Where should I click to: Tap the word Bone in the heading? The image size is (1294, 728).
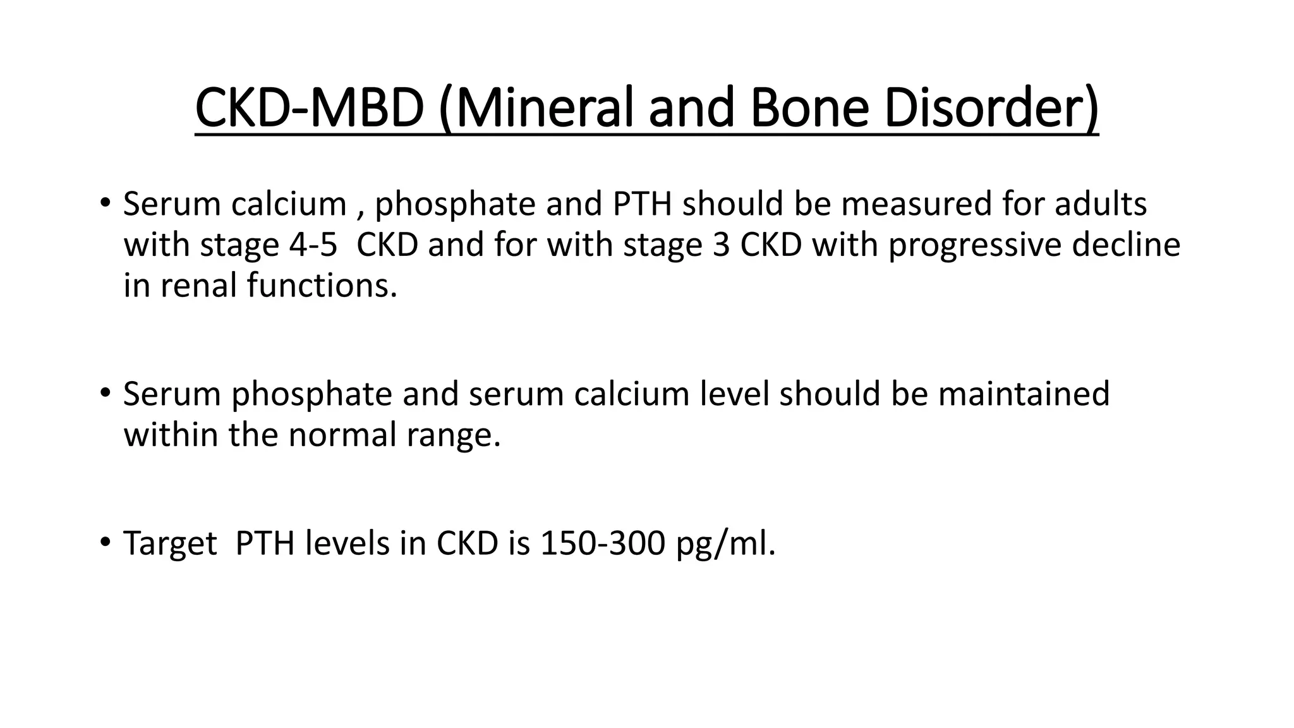pos(809,109)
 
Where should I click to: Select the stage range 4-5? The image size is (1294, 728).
pos(313,245)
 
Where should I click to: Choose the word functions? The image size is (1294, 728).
pos(322,286)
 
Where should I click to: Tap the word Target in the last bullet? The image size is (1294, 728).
pos(170,543)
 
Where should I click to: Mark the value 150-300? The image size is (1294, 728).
pos(603,543)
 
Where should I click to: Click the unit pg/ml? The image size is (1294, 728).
pos(725,543)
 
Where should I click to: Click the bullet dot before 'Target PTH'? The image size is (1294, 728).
pos(105,542)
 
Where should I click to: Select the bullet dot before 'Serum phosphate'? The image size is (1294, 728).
pos(105,393)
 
